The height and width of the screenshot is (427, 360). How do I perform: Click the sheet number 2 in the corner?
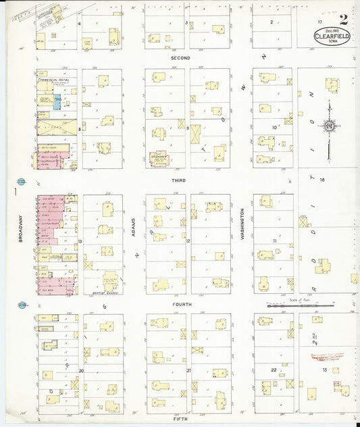344,18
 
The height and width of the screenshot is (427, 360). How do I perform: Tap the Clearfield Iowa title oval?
331,37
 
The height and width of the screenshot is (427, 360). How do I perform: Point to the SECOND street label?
180,58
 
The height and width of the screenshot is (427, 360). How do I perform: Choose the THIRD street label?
179,180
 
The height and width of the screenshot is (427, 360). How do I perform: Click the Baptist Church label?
101,294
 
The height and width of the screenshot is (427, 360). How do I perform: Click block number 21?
188,370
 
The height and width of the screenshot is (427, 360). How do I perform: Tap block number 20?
81,370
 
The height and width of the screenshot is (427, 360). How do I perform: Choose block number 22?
274,370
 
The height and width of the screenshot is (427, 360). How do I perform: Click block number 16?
323,179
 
